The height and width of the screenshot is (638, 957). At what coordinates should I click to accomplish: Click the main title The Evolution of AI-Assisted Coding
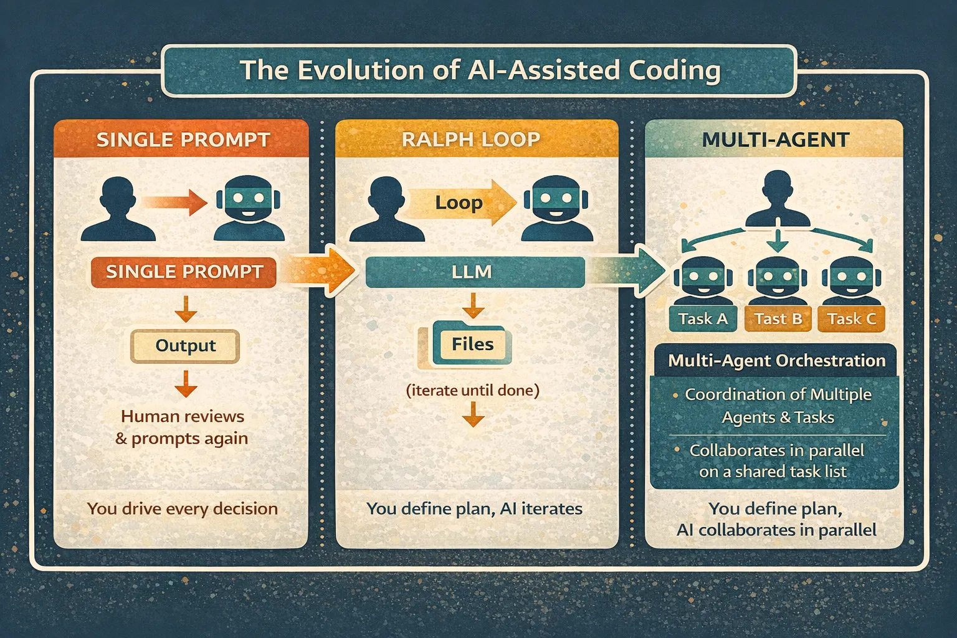click(x=480, y=70)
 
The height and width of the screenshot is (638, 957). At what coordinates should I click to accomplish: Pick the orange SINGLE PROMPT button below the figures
click(x=184, y=272)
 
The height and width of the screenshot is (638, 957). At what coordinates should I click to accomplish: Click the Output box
click(x=185, y=346)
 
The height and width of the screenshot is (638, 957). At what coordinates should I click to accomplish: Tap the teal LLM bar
click(x=475, y=272)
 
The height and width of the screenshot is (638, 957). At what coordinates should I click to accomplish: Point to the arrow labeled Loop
click(x=462, y=202)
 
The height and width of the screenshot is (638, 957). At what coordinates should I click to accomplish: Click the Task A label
click(x=703, y=319)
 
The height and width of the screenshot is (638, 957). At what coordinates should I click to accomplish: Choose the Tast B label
click(x=778, y=319)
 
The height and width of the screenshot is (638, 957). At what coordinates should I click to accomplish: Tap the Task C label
click(x=851, y=319)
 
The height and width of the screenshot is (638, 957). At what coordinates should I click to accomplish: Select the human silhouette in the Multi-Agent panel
click(x=778, y=198)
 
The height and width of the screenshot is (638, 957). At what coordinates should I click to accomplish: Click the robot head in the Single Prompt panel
click(x=249, y=207)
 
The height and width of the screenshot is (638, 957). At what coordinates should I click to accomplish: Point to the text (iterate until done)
click(x=472, y=391)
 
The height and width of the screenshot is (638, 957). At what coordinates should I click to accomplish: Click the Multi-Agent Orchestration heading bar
click(x=776, y=361)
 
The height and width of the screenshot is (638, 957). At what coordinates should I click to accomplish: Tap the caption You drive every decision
click(x=183, y=508)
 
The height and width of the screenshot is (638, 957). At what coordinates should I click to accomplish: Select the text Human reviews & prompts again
click(x=182, y=427)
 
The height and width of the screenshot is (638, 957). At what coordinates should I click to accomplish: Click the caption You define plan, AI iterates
click(x=474, y=508)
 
